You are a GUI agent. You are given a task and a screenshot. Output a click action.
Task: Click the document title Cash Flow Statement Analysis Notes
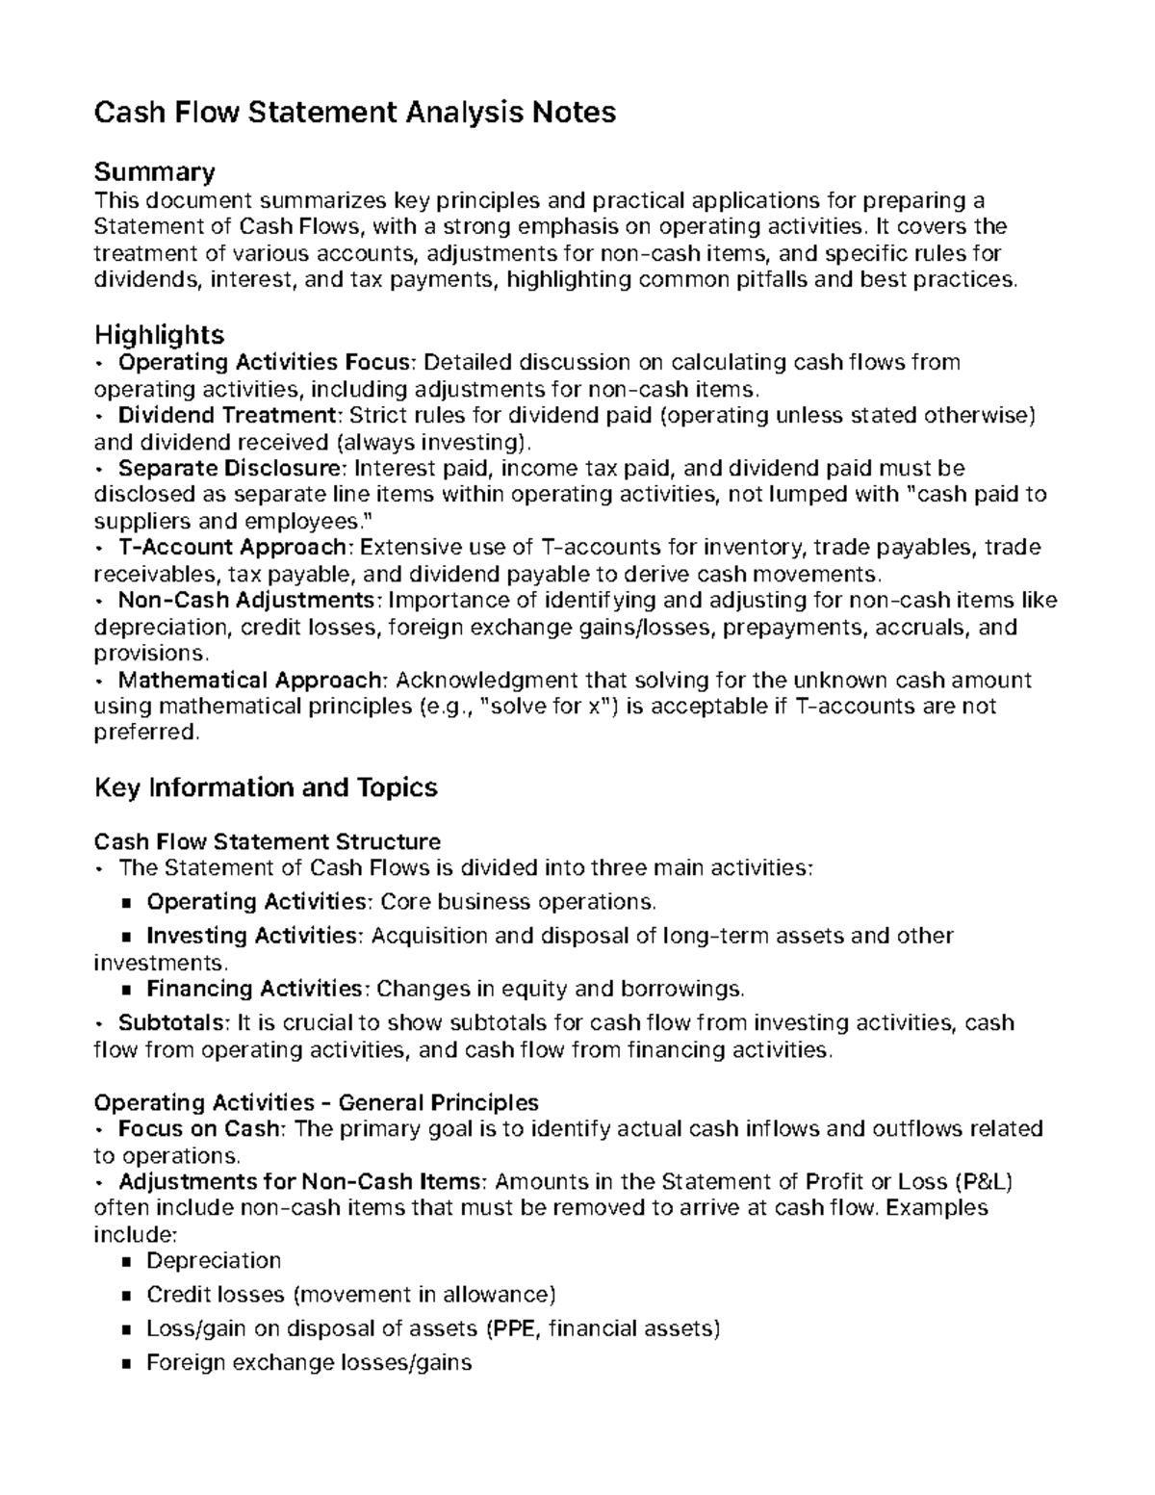pos(354,113)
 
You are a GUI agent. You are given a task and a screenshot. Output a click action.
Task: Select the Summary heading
pos(154,172)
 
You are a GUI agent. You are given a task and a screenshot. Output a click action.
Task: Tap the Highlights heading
pos(159,334)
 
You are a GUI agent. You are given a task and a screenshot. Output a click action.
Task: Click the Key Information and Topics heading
pos(266,787)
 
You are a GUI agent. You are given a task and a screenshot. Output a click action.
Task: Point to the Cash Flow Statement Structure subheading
pos(267,841)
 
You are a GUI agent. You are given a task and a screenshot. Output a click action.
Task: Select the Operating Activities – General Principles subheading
pos(316,1101)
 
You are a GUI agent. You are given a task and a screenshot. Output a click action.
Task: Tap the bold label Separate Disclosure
pos(231,469)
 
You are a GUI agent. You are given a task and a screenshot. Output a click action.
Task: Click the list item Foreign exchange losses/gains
pos(308,1363)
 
